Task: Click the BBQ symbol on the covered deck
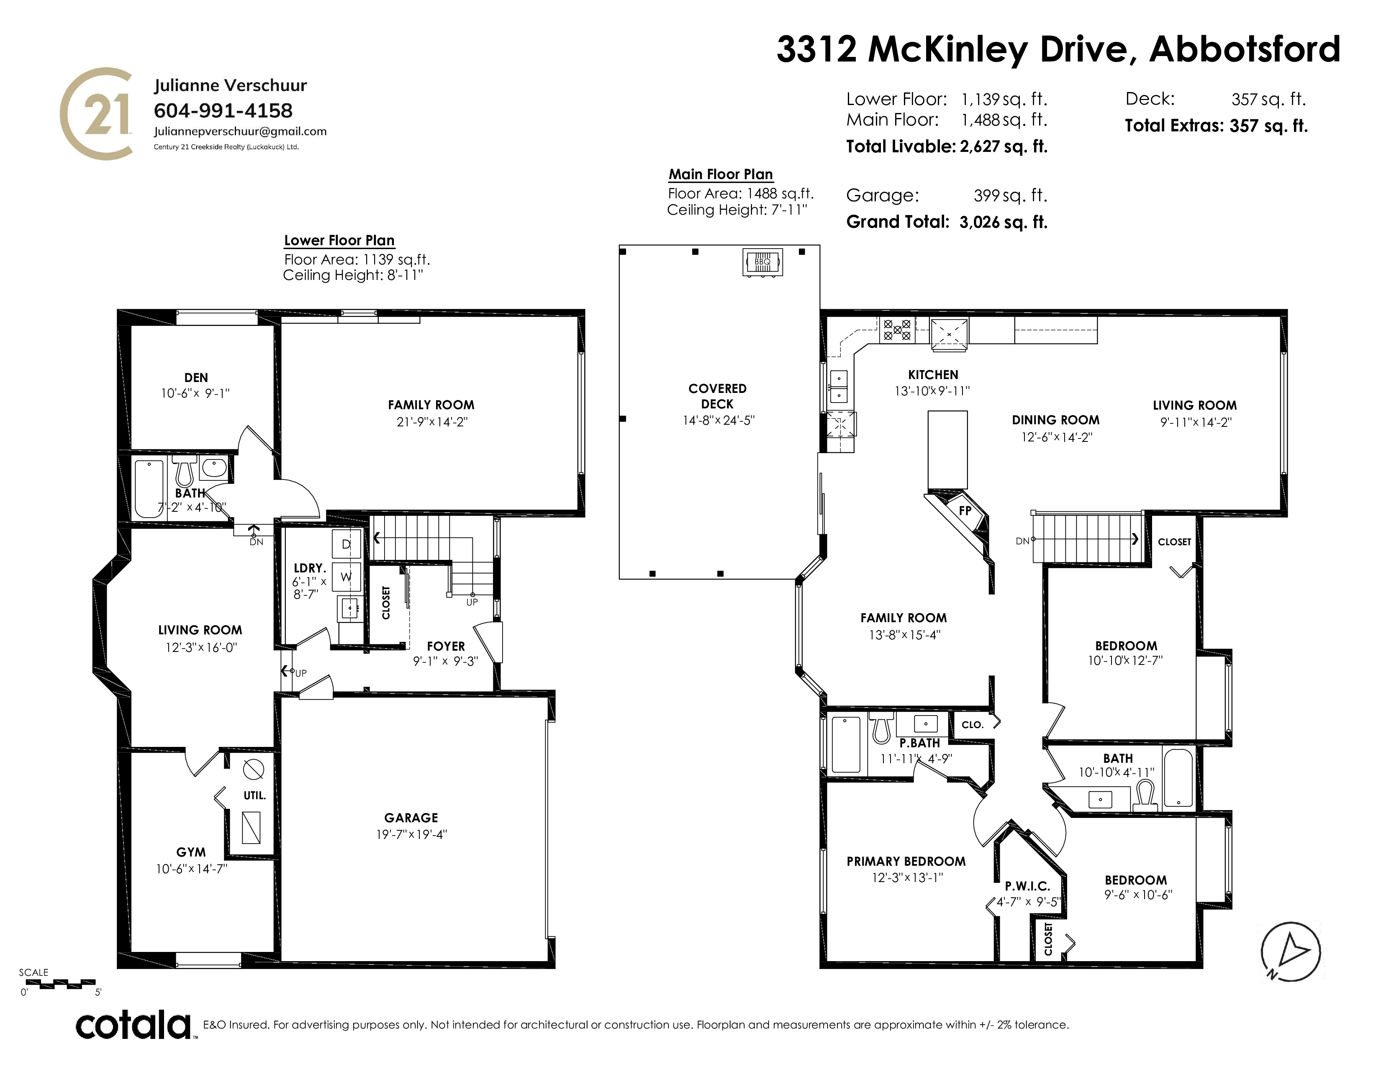click(x=762, y=262)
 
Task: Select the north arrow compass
click(x=1291, y=952)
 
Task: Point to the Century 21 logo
click(x=97, y=114)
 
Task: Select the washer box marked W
click(x=346, y=577)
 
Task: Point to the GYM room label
click(x=191, y=852)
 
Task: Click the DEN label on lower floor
click(x=196, y=377)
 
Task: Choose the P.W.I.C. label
click(x=1027, y=887)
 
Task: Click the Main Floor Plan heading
click(x=721, y=174)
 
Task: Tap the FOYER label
click(x=446, y=646)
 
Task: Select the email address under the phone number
click(x=240, y=131)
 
